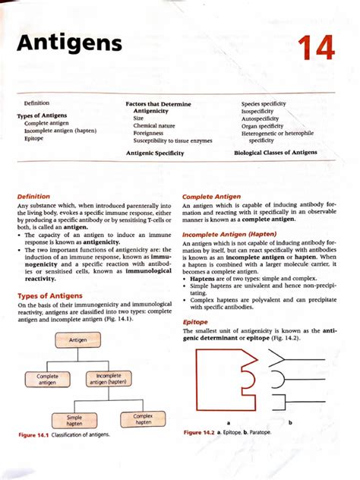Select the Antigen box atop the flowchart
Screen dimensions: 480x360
(78, 340)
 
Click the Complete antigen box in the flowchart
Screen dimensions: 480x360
(47, 379)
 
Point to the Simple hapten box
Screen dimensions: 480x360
(74, 421)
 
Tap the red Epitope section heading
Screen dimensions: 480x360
(196, 322)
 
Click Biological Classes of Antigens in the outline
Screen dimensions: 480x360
(276, 153)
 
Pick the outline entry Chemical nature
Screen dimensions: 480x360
(154, 126)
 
